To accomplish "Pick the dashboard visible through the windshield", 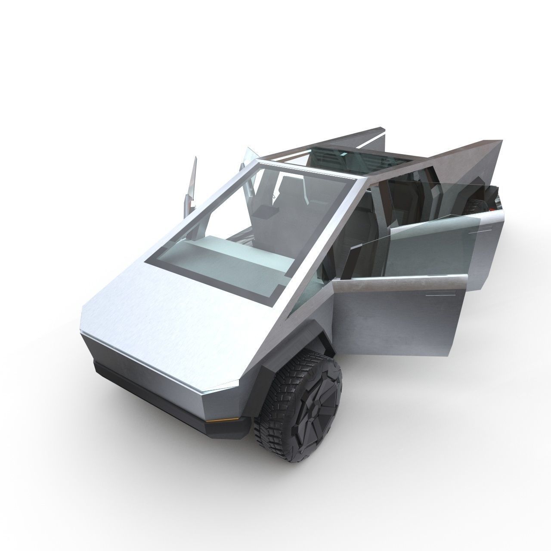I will tap(224, 258).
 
